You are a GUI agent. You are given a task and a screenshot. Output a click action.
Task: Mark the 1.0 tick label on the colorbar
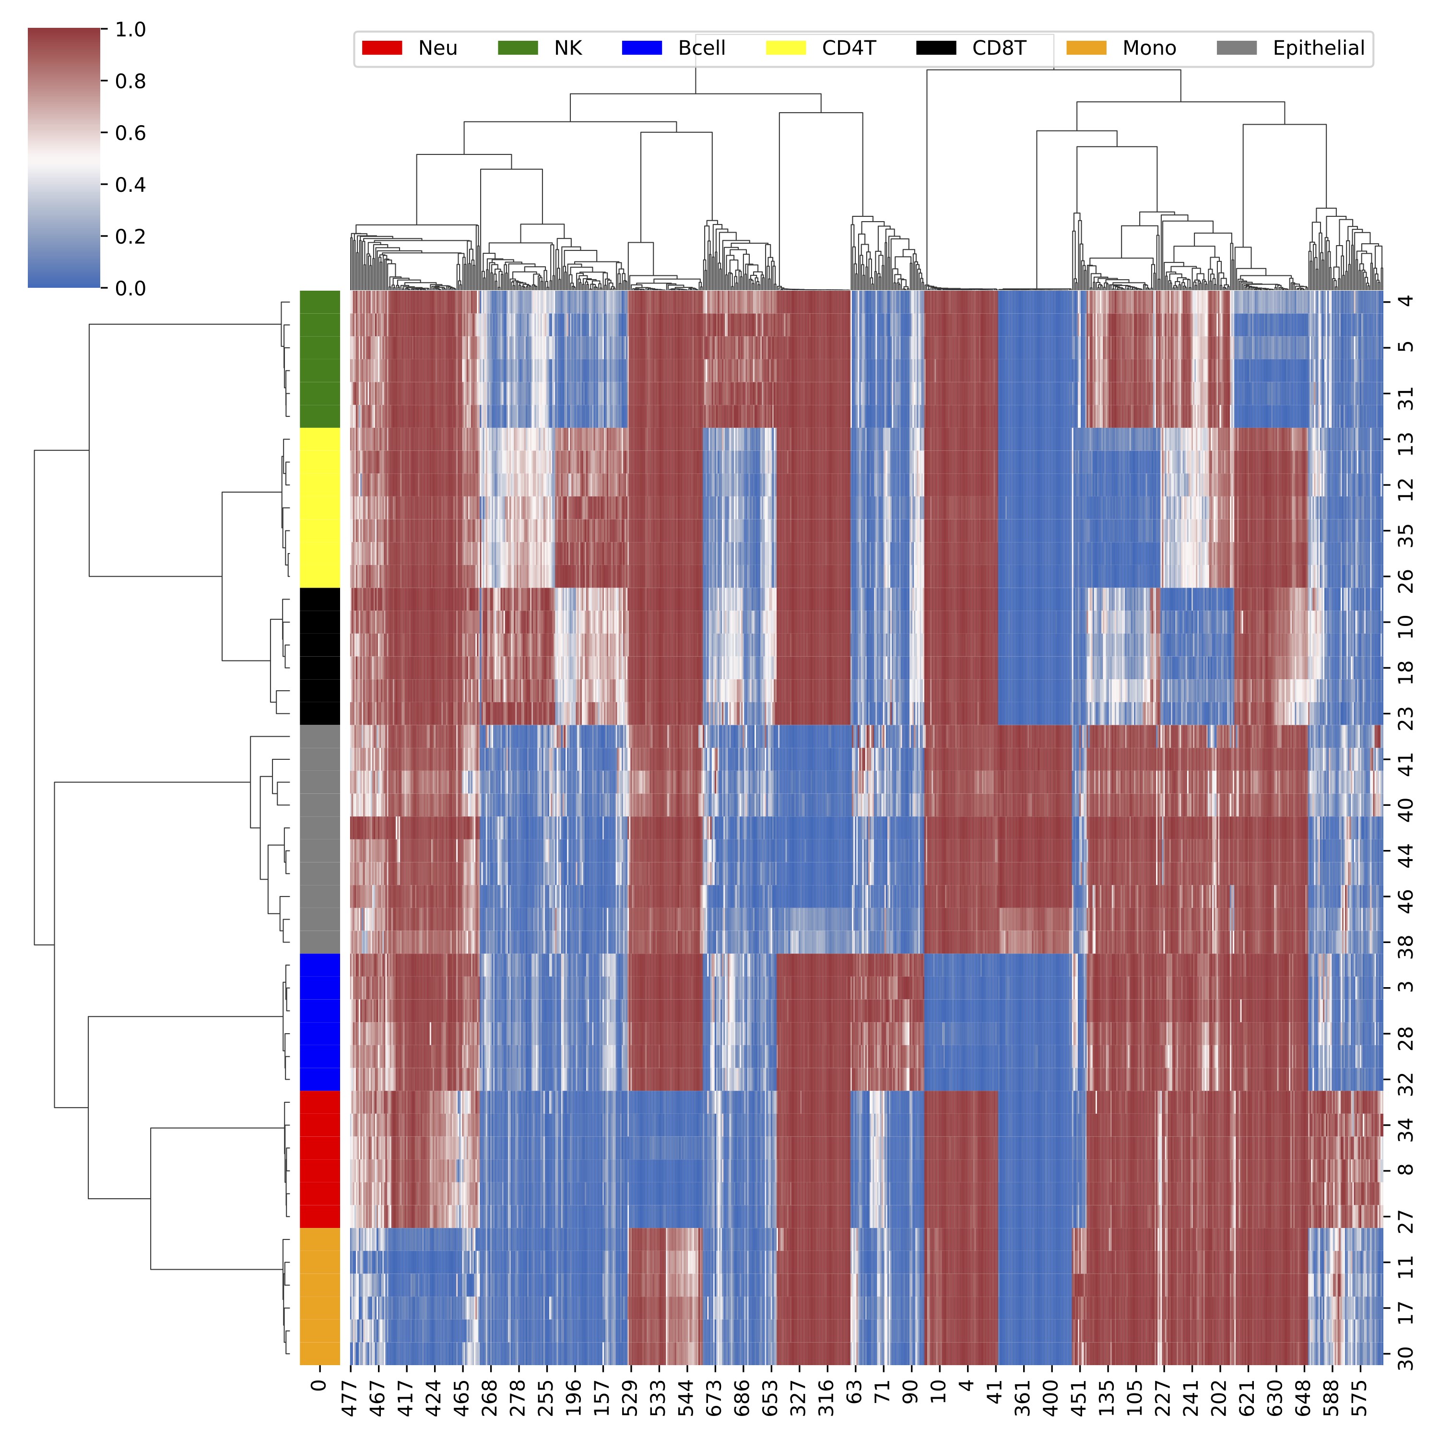click(x=130, y=30)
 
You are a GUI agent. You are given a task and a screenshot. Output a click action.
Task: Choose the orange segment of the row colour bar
click(x=319, y=1296)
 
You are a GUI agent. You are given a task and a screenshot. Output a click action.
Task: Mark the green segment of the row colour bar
click(x=319, y=359)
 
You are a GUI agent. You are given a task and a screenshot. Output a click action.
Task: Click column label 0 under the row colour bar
click(x=319, y=1385)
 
